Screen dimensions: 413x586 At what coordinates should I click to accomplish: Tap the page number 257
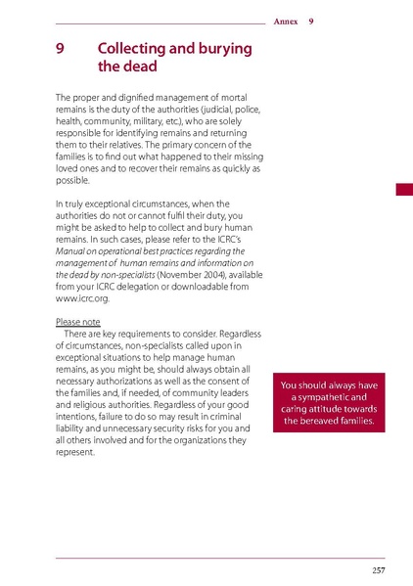pyautogui.click(x=379, y=570)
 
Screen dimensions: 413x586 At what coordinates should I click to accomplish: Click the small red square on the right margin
pyautogui.click(x=403, y=189)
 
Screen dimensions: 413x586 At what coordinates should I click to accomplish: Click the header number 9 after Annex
pyautogui.click(x=311, y=22)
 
